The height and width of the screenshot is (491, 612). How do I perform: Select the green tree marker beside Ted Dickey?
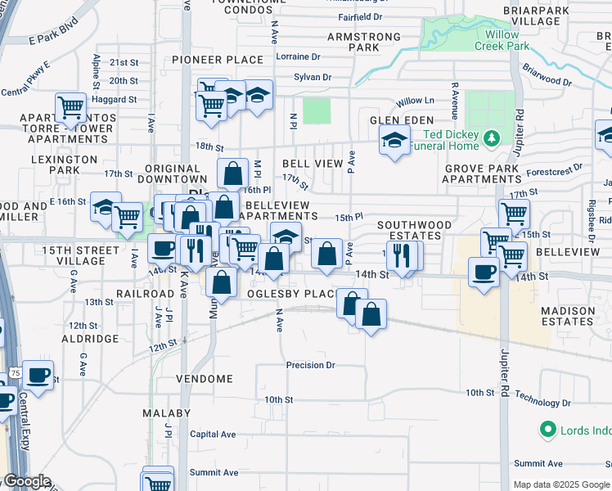pyautogui.click(x=492, y=138)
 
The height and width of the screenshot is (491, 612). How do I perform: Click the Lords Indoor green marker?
pyautogui.click(x=547, y=429)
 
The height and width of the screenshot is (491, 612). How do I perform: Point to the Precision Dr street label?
pyautogui.click(x=311, y=365)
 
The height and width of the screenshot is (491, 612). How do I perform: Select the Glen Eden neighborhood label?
pyautogui.click(x=401, y=119)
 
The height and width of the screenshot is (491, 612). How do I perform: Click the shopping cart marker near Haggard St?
pyautogui.click(x=71, y=106)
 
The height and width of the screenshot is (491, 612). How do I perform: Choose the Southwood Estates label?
pyautogui.click(x=414, y=230)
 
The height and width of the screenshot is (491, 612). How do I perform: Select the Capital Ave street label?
pyautogui.click(x=213, y=435)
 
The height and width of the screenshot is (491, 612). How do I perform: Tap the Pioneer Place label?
pyautogui.click(x=217, y=61)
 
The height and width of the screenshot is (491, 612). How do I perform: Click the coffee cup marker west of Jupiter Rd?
pyautogui.click(x=483, y=271)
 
